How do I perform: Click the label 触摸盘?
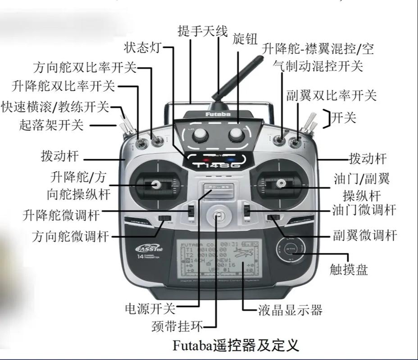click(349, 269)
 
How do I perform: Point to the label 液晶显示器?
click(290, 310)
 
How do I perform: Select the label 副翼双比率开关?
click(331, 95)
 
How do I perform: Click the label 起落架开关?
click(51, 125)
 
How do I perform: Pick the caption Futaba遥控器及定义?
click(236, 346)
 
